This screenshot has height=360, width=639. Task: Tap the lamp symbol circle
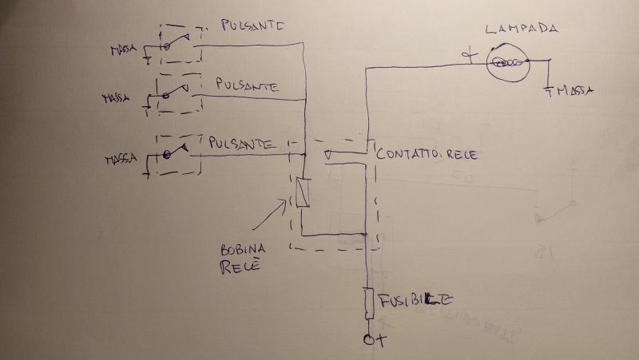[x=508, y=61]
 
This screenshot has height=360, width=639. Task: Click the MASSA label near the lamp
[x=574, y=91]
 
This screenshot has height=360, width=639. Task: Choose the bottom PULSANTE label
[x=244, y=144]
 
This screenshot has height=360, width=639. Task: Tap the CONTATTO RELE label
[x=427, y=154]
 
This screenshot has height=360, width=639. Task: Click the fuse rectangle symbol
[x=368, y=303]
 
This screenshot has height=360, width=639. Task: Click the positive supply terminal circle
[x=369, y=341]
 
